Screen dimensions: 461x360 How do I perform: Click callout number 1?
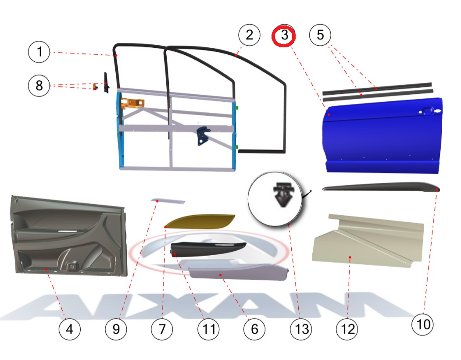(39, 52)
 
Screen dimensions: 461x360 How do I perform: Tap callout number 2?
(249, 35)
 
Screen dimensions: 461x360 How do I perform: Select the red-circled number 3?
(284, 36)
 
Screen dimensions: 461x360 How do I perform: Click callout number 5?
(320, 35)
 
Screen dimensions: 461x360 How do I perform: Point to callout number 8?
(39, 86)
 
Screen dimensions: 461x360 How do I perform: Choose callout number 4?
(70, 329)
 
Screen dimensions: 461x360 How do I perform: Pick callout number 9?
(116, 329)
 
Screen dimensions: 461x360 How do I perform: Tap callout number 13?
(301, 329)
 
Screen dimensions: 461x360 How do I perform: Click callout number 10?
(423, 324)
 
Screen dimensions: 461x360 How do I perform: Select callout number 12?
(347, 329)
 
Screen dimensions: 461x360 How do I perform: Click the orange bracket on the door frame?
(132, 103)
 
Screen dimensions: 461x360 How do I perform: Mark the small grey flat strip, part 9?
(168, 201)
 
